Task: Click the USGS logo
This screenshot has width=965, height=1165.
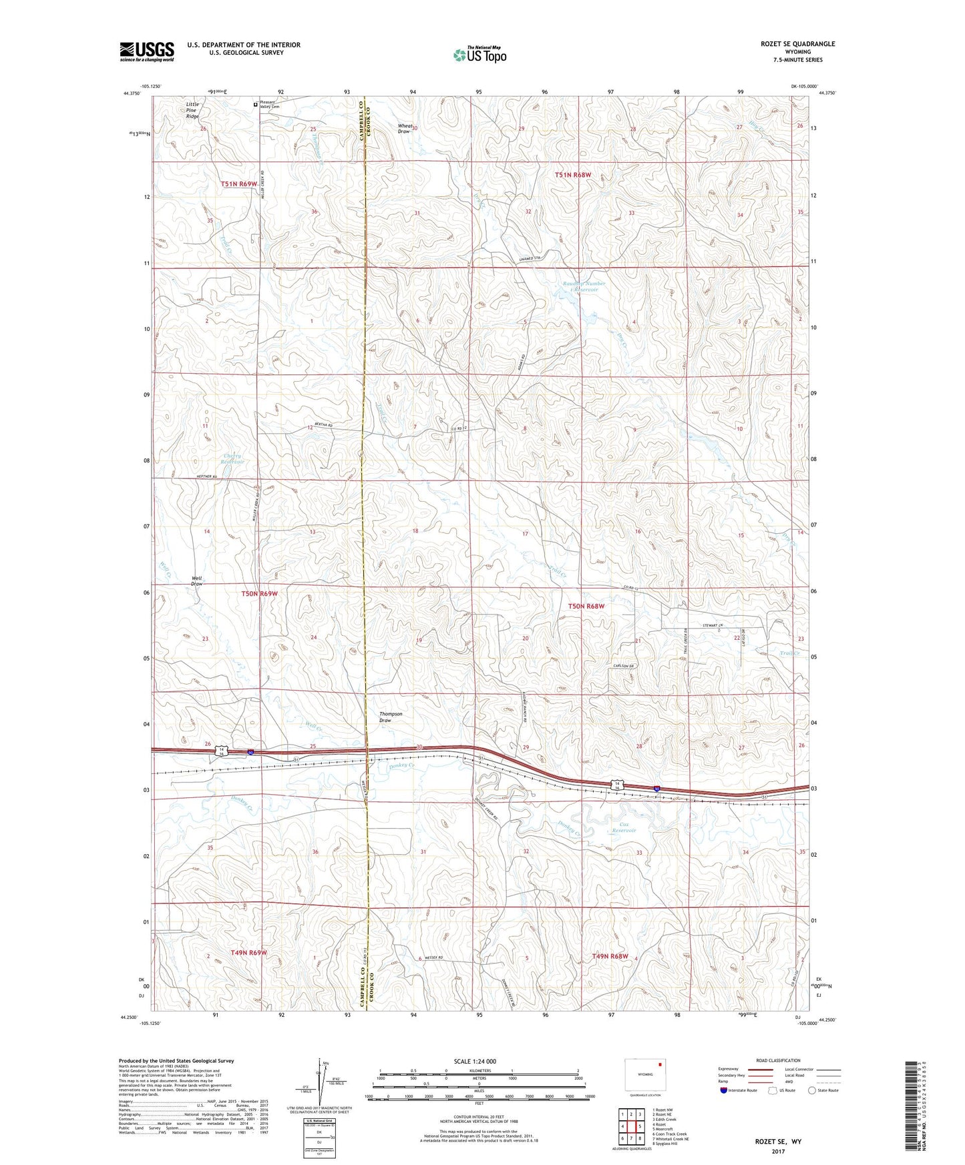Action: click(x=146, y=51)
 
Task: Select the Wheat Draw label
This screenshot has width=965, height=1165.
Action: click(x=404, y=129)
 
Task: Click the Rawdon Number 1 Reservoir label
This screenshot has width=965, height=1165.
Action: click(x=583, y=287)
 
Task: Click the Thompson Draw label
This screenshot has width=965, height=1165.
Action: click(x=391, y=717)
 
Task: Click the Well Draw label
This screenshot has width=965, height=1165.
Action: click(x=196, y=581)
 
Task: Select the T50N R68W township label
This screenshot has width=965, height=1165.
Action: click(x=586, y=606)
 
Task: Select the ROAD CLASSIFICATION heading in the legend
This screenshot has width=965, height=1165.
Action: click(x=777, y=1060)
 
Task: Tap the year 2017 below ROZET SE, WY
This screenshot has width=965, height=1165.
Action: click(x=777, y=1152)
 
